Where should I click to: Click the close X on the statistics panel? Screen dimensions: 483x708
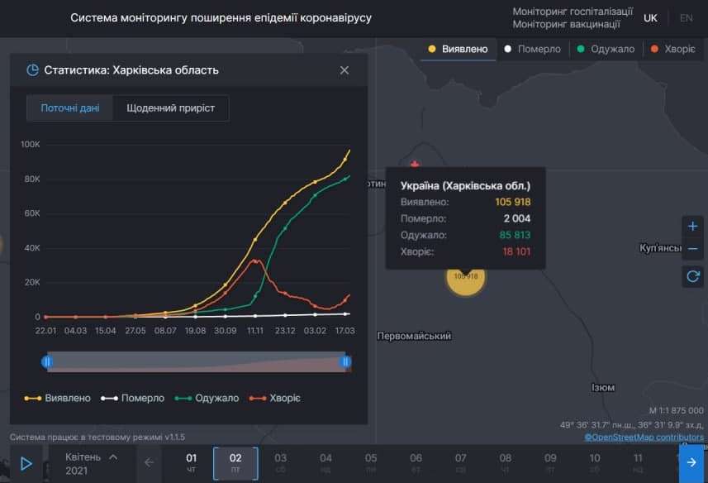(x=344, y=70)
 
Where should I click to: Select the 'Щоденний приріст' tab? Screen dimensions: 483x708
(x=170, y=108)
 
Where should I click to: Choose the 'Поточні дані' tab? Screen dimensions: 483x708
(x=69, y=108)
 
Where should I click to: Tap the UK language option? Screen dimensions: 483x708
(x=651, y=17)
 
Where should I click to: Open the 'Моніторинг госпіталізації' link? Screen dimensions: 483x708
(x=573, y=12)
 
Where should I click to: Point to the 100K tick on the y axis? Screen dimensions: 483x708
(x=31, y=144)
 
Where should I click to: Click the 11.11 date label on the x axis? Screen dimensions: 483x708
(x=255, y=331)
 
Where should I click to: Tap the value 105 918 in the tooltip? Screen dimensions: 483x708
(x=511, y=202)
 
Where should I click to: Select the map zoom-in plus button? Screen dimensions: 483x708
(x=692, y=226)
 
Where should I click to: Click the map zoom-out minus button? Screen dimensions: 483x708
(x=692, y=249)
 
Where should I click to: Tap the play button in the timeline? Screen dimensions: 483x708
(x=26, y=463)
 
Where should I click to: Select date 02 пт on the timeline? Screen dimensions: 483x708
(x=235, y=463)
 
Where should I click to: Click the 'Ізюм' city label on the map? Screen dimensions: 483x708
(x=603, y=387)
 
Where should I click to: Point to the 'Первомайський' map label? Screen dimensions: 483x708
(x=414, y=337)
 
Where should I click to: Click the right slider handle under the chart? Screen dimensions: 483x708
(x=346, y=361)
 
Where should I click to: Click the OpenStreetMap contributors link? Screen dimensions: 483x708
(x=644, y=437)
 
